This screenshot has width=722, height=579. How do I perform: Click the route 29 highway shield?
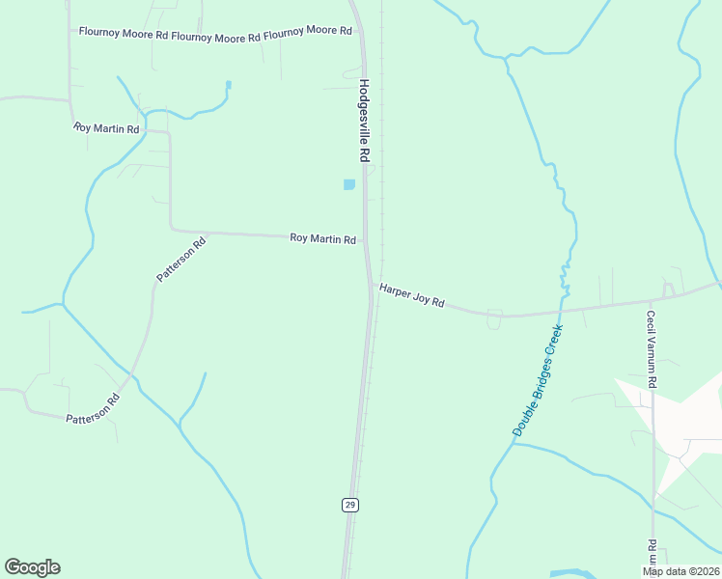coord(349,505)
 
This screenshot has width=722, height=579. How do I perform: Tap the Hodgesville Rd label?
coord(364,121)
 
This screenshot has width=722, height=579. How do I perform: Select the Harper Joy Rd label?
coord(411,295)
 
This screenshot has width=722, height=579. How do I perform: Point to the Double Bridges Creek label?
coord(538,380)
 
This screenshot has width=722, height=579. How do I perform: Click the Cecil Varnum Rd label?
coord(652,349)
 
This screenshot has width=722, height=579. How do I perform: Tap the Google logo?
coord(32,567)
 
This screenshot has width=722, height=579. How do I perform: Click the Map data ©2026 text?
coord(680,571)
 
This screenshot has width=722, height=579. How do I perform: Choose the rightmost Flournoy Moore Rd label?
coord(308,32)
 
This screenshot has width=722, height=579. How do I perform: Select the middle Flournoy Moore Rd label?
coord(215,37)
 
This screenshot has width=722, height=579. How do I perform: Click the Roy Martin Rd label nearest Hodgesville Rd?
coord(323,238)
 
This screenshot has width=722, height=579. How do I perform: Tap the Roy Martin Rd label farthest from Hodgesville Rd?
coord(106,128)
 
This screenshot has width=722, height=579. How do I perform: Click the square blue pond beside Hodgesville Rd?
coord(349,184)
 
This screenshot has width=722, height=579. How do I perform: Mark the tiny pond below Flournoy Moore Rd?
coord(229,85)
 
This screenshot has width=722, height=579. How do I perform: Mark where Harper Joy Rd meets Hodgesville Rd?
coord(372,286)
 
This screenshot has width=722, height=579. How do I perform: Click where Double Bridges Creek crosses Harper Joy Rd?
coord(560,311)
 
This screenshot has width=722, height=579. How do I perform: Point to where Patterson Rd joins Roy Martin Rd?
coord(207,233)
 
